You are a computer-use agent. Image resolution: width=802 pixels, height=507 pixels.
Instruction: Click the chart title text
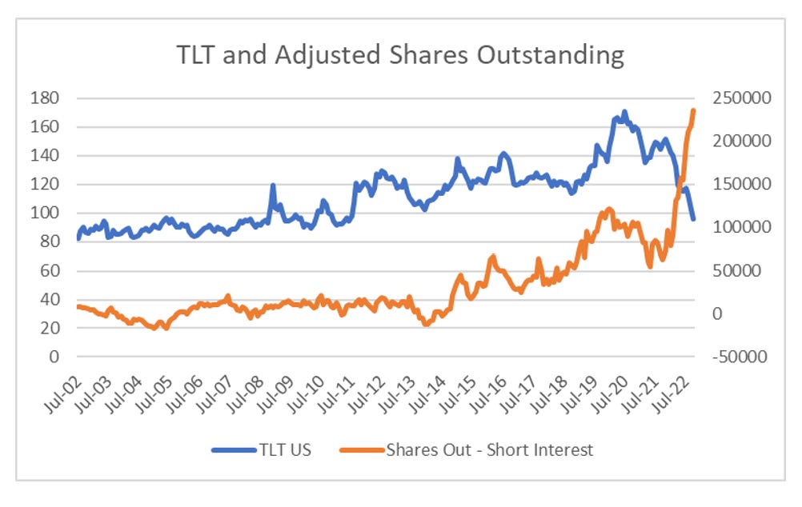tap(400, 56)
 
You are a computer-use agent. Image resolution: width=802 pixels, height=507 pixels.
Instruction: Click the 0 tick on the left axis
tap(54, 357)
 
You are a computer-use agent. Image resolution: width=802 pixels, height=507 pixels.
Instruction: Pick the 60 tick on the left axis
tap(50, 270)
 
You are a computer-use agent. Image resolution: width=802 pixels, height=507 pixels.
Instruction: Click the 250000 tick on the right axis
tap(743, 98)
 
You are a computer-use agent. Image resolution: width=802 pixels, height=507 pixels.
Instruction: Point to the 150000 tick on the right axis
tap(743, 184)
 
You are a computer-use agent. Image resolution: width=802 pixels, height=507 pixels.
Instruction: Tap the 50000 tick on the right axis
tap(740, 270)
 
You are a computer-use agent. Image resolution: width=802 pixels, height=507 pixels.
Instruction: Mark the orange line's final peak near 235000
tap(693, 110)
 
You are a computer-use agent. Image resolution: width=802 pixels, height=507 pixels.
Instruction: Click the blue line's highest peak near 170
tap(624, 112)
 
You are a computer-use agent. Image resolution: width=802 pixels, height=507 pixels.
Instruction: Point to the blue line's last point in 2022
tap(693, 219)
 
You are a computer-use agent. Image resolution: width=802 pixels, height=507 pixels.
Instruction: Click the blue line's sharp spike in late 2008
tap(273, 186)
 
